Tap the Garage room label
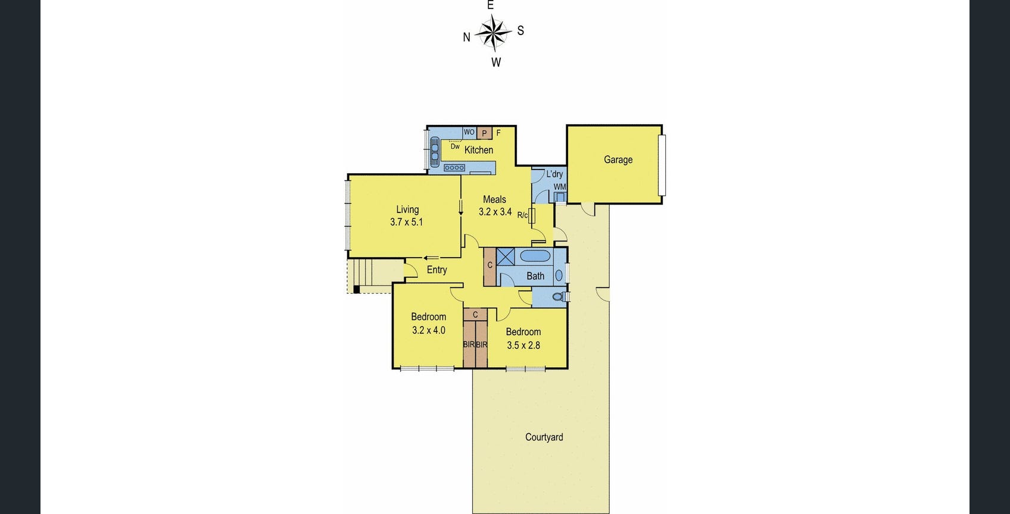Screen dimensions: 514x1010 618,159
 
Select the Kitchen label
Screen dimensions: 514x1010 479,150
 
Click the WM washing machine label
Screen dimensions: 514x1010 560,187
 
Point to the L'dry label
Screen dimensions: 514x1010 554,174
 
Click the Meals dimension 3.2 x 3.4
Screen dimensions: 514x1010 495,212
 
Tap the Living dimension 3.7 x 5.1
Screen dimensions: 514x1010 407,222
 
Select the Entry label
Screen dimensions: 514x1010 437,269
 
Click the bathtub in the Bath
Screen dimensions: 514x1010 535,256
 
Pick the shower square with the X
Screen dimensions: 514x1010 506,256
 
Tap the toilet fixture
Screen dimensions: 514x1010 559,296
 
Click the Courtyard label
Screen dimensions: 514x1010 544,437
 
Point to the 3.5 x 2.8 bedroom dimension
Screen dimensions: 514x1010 523,345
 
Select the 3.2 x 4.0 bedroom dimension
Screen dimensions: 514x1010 429,330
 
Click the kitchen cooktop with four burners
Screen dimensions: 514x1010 454,168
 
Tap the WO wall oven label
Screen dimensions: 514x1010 469,132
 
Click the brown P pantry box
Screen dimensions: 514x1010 484,133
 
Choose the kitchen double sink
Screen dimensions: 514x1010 435,150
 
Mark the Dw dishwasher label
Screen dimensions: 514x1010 455,146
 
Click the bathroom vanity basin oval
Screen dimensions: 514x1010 559,275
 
